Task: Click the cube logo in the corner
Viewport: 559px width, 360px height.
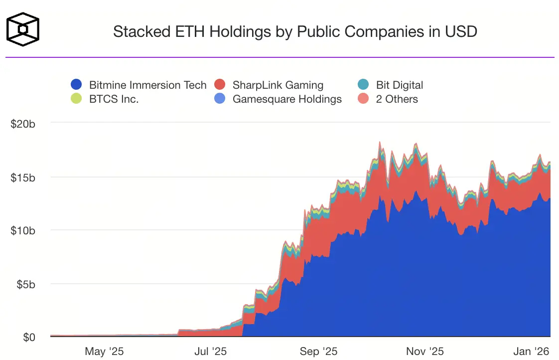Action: click(x=22, y=29)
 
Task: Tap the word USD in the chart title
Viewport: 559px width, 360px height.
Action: click(x=461, y=32)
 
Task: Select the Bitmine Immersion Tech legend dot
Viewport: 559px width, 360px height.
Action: click(x=76, y=85)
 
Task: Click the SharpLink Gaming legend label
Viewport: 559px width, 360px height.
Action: click(x=278, y=85)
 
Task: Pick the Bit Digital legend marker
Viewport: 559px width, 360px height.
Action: click(x=363, y=85)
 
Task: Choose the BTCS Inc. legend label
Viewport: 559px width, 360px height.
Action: click(x=114, y=99)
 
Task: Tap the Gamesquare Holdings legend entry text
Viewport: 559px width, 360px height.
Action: click(x=287, y=99)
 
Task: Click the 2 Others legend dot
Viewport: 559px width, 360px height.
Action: click(x=363, y=99)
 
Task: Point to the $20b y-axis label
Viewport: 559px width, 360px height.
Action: click(x=23, y=124)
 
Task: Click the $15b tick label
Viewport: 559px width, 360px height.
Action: click(x=23, y=178)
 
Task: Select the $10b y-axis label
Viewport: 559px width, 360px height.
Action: click(x=23, y=231)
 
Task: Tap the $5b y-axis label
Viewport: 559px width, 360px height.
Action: click(x=25, y=284)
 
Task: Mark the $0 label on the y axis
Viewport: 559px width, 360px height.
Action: click(x=29, y=338)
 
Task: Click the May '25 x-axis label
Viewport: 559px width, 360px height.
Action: click(x=104, y=352)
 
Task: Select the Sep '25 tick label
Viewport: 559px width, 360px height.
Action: click(x=319, y=352)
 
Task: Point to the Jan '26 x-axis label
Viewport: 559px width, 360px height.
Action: click(x=532, y=352)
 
